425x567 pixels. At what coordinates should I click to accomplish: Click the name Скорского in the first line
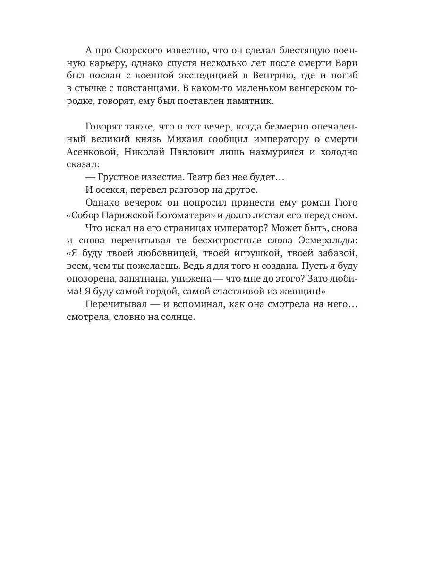pos(135,51)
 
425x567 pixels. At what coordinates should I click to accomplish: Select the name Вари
pos(348,63)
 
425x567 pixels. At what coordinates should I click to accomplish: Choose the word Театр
pos(200,177)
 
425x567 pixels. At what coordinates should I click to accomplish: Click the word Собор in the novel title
pos(85,215)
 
